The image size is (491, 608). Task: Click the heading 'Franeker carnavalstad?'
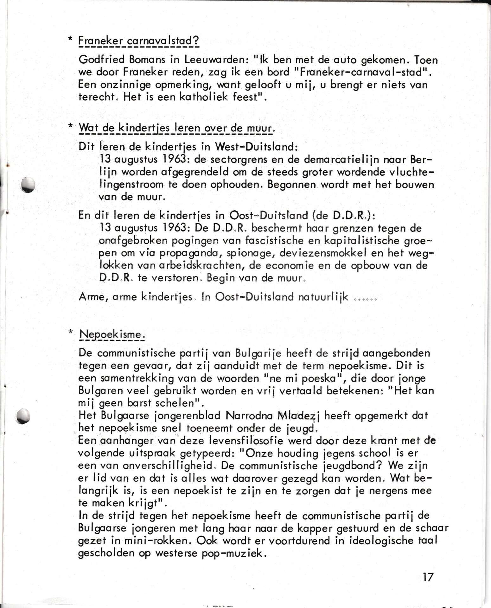tap(138, 41)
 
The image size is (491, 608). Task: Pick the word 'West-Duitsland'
tap(256, 147)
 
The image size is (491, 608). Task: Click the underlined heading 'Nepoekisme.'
tap(112, 334)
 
